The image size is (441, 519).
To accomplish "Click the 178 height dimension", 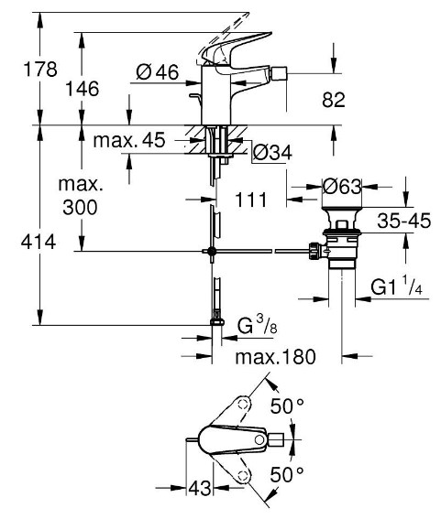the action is pos(40,70).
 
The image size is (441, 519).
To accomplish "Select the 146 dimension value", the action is pos(83,89).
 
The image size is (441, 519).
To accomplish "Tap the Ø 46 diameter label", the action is pos(158,71).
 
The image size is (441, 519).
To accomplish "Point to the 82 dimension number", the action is pos(333,99).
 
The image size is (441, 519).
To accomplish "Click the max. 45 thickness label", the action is pos(129,140).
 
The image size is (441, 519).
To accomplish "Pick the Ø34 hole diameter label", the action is pos(272,153).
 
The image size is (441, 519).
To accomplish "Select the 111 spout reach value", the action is pos(250,200).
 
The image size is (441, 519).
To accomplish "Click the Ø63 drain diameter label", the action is pos(342,187).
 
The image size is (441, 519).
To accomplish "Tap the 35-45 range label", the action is pos(403,221).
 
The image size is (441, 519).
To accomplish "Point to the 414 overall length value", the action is pos(39,242).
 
